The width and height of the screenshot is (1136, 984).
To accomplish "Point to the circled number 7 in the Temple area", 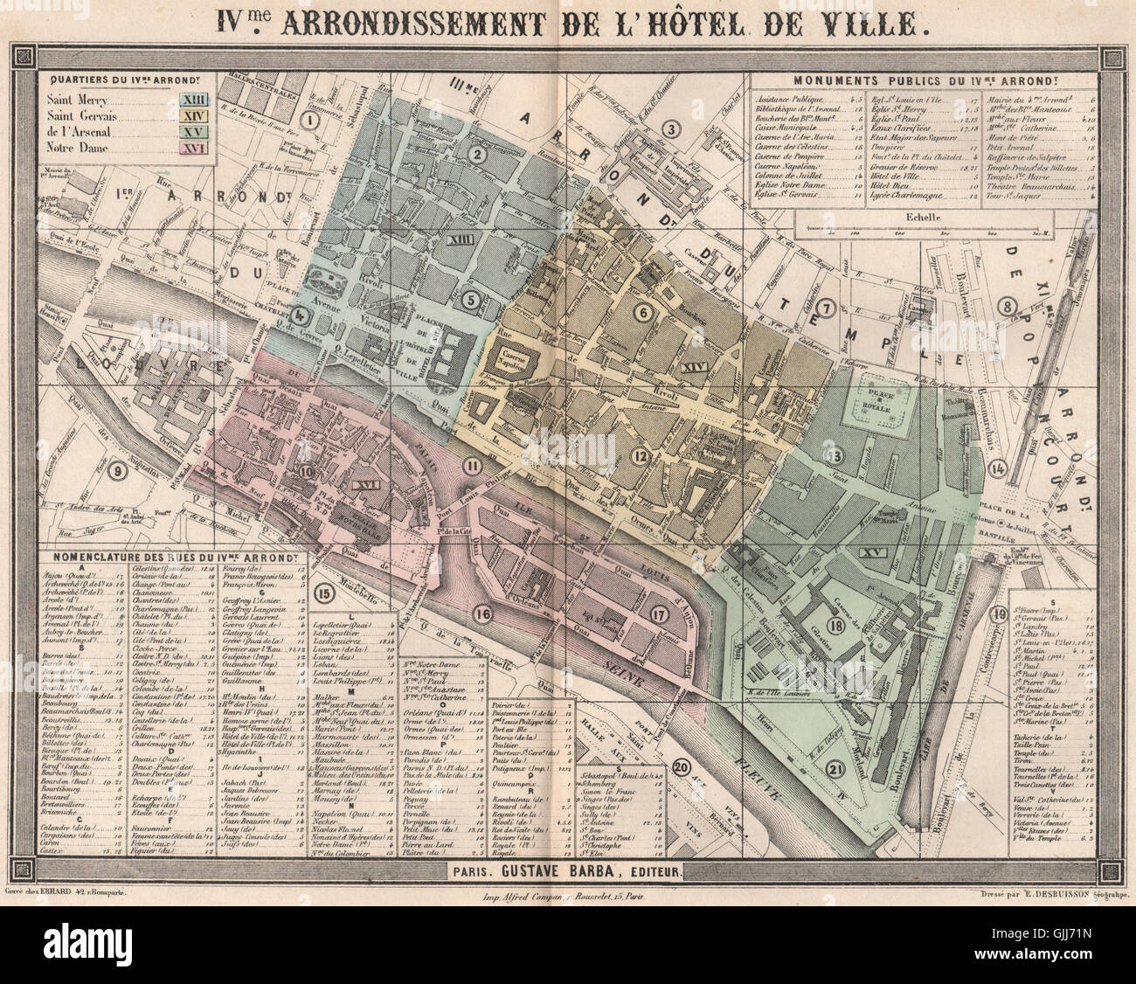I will click(826, 307).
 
